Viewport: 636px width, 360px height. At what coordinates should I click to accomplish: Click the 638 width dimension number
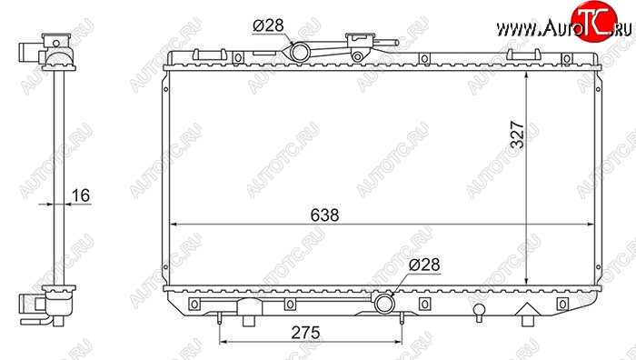pos(324,215)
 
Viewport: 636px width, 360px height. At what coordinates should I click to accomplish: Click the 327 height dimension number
pos(518,135)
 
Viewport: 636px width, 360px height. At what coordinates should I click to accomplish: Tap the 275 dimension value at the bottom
pos(305,333)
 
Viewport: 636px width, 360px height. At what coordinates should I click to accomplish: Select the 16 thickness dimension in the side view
pos(80,195)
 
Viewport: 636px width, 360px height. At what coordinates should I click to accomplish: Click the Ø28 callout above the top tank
pos(268,25)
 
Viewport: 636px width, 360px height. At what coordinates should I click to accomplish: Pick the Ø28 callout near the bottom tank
pos(424,265)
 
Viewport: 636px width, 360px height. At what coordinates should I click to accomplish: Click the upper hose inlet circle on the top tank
pos(300,52)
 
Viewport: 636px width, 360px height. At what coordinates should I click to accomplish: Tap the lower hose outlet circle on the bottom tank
pos(383,304)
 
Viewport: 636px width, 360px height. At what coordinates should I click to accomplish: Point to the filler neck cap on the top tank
pos(360,38)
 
